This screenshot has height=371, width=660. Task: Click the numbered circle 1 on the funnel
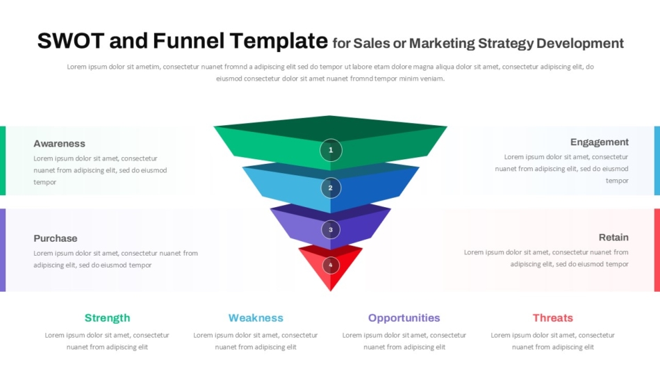click(x=331, y=150)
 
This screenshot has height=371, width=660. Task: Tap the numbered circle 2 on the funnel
click(x=331, y=188)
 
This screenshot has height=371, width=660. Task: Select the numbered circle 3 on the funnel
click(x=331, y=229)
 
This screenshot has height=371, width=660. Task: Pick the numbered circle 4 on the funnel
click(x=331, y=265)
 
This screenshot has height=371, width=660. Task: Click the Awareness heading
click(x=59, y=144)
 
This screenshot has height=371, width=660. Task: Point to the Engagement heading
click(x=599, y=142)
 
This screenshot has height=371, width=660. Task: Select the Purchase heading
click(x=56, y=238)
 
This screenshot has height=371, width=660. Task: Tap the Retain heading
click(x=613, y=238)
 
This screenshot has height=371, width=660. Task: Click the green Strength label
click(x=107, y=318)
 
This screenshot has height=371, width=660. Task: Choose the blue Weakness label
click(x=256, y=318)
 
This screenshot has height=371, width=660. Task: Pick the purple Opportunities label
click(x=404, y=318)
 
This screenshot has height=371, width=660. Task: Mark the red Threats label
click(x=552, y=318)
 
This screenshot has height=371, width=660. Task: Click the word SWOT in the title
click(x=71, y=41)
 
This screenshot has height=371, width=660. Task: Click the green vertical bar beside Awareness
click(x=3, y=160)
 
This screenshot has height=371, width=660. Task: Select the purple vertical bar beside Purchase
click(x=3, y=250)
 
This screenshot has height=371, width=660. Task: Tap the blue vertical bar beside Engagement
click(x=657, y=160)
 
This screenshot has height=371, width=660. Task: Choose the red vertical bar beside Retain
click(x=657, y=250)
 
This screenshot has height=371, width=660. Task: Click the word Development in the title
click(x=581, y=44)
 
